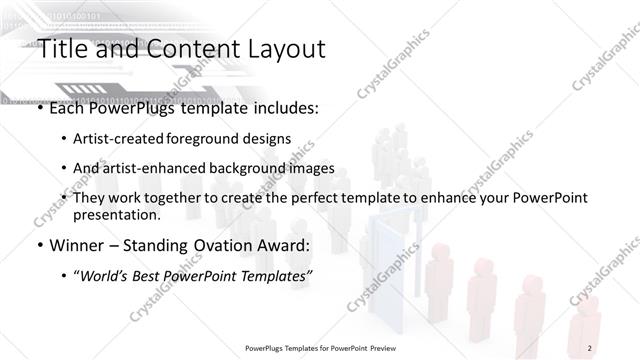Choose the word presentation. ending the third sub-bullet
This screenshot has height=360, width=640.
pos(116,215)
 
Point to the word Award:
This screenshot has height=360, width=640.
pos(279,245)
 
